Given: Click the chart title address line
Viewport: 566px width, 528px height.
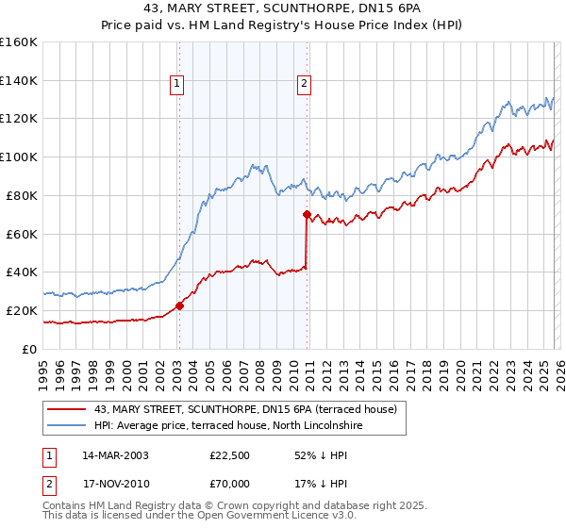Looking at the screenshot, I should point(283,8).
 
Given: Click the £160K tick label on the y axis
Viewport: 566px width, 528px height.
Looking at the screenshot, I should point(19,42).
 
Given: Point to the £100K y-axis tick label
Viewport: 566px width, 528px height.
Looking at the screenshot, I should point(19,157).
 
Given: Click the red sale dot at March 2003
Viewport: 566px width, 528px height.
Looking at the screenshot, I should point(179,305).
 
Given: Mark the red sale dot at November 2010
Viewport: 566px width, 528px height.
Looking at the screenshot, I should point(308,214).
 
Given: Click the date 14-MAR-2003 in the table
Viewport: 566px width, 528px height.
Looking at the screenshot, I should point(116,455).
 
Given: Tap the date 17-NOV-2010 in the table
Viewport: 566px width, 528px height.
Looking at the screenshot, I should point(116,486).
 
